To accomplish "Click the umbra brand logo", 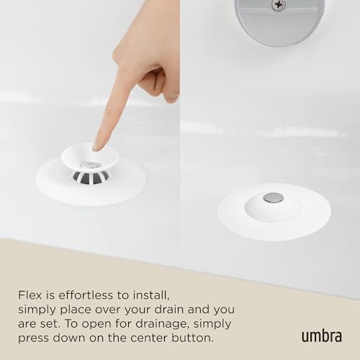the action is click(x=322, y=336).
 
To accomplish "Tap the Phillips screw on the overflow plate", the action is click(x=279, y=4).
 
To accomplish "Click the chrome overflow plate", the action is click(x=279, y=20).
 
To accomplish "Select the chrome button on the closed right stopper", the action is click(x=274, y=197).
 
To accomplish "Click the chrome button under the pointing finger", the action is click(x=90, y=165).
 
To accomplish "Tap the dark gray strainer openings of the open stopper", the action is click(x=91, y=178).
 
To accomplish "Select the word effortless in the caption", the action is click(x=86, y=295).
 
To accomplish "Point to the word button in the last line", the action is click(x=192, y=338).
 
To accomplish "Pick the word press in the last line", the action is click(x=33, y=339).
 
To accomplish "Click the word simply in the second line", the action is click(x=37, y=310).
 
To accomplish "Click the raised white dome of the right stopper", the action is click(x=274, y=207).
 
